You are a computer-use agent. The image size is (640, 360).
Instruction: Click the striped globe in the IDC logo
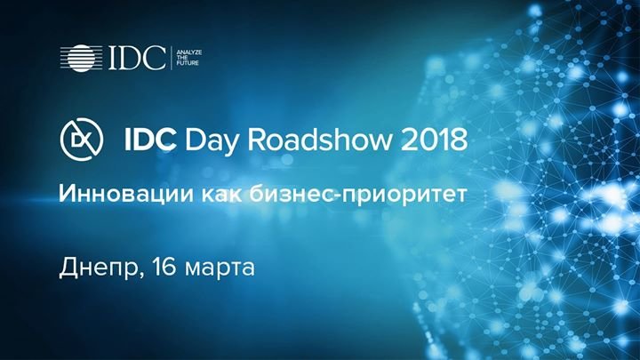coord(81,58)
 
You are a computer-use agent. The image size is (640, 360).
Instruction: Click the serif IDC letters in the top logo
coord(137,58)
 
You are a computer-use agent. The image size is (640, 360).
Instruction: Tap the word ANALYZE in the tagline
coord(189,52)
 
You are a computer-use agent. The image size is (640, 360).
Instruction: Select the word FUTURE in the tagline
coord(188,63)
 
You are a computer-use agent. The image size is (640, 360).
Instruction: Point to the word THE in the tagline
coord(182,58)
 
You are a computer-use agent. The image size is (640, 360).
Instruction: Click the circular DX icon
coord(82,140)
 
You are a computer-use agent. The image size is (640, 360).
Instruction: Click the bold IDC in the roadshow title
coord(150,140)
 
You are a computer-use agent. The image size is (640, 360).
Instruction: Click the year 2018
coord(434,140)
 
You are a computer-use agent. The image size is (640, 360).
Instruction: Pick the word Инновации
coord(126,194)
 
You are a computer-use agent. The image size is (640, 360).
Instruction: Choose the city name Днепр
coord(100,268)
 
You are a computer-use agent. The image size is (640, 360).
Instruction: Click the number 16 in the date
coord(164,267)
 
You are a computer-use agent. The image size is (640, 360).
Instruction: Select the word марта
coord(220,270)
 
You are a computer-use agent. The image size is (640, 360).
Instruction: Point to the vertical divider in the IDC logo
coord(171,58)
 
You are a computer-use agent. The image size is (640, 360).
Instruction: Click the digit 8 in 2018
coord(459,140)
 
